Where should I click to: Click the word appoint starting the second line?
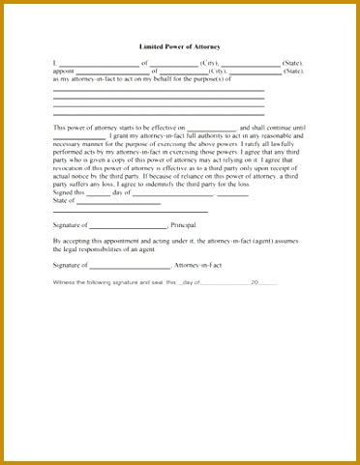pos(63,71)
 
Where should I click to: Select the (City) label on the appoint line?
pos(218,71)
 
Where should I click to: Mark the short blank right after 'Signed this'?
pos(99,194)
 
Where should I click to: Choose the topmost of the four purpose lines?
pos(159,90)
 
